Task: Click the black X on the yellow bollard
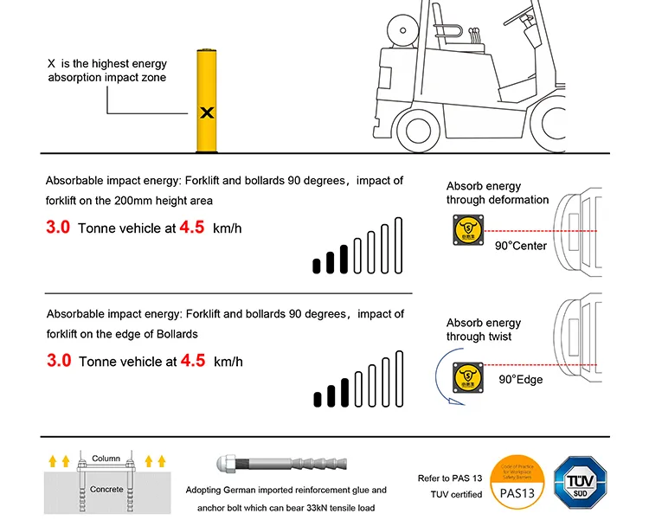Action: pyautogui.click(x=207, y=112)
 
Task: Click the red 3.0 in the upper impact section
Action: pyautogui.click(x=59, y=229)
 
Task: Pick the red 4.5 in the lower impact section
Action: pyautogui.click(x=192, y=361)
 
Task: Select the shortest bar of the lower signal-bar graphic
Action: pyautogui.click(x=318, y=399)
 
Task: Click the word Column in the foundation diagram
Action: pyautogui.click(x=106, y=458)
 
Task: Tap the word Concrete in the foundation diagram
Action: pyautogui.click(x=106, y=490)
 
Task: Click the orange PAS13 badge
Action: pyautogui.click(x=518, y=481)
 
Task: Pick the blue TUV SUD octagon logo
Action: pyautogui.click(x=581, y=481)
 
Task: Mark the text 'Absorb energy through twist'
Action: pyautogui.click(x=484, y=330)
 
